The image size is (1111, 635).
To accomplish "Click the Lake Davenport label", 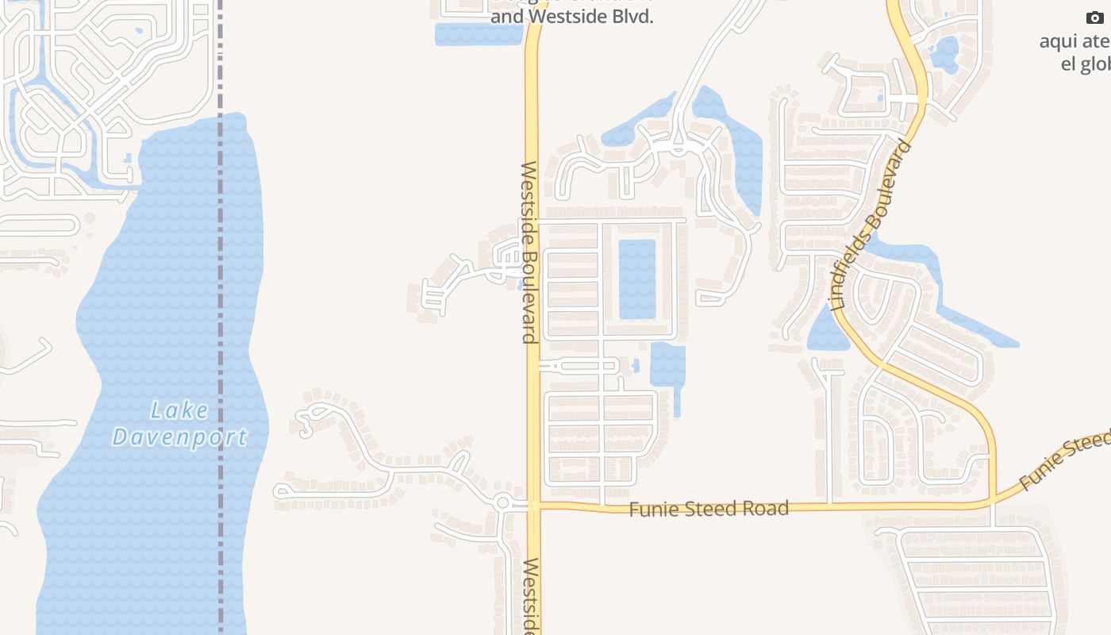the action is tap(180, 424).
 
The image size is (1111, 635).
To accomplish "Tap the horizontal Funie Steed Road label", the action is tap(709, 509).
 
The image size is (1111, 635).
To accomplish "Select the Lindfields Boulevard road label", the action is tap(871, 225).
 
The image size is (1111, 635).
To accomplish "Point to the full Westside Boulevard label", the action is tap(529, 252).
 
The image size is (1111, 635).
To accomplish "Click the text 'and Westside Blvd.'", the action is tap(571, 17).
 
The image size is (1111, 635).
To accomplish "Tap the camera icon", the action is tap(1095, 18).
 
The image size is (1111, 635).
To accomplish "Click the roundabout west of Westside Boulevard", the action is tap(502, 502).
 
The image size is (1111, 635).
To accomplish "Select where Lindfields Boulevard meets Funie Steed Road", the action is tap(991, 502).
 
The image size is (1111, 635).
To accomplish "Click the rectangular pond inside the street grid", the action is tap(636, 279).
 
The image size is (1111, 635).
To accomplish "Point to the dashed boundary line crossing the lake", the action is tap(221, 317).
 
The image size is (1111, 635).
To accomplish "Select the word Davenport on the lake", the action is tap(180, 437).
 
